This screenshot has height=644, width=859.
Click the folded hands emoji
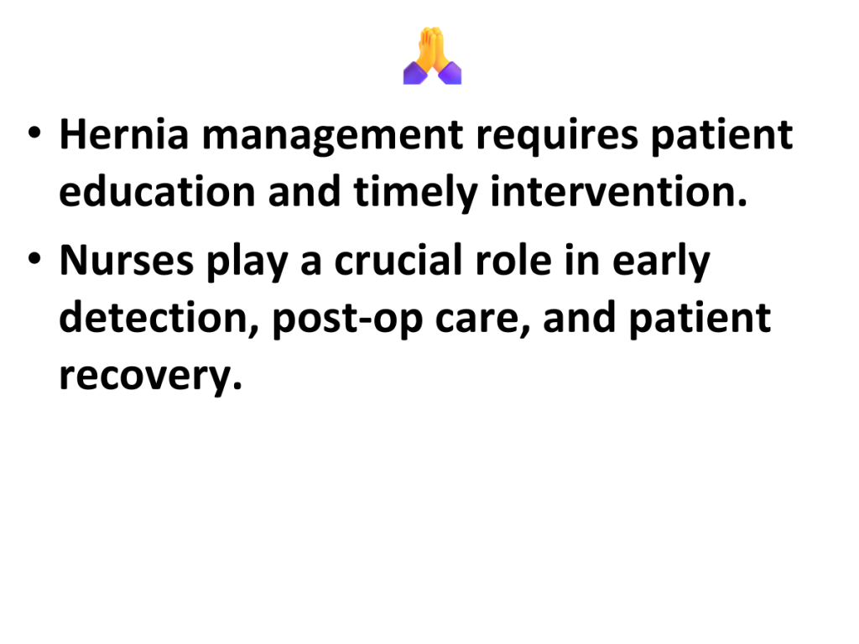[432, 56]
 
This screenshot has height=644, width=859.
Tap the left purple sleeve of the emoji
[415, 74]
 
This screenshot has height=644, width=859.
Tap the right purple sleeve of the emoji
[450, 74]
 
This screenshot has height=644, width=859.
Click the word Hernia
[124, 135]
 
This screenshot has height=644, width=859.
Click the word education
[157, 192]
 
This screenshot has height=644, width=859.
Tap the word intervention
[618, 192]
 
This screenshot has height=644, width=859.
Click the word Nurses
[127, 261]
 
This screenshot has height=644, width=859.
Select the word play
[247, 262]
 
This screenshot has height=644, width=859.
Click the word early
[661, 262]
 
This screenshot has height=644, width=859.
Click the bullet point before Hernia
[34, 133]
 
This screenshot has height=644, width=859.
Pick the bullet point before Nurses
[34, 258]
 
